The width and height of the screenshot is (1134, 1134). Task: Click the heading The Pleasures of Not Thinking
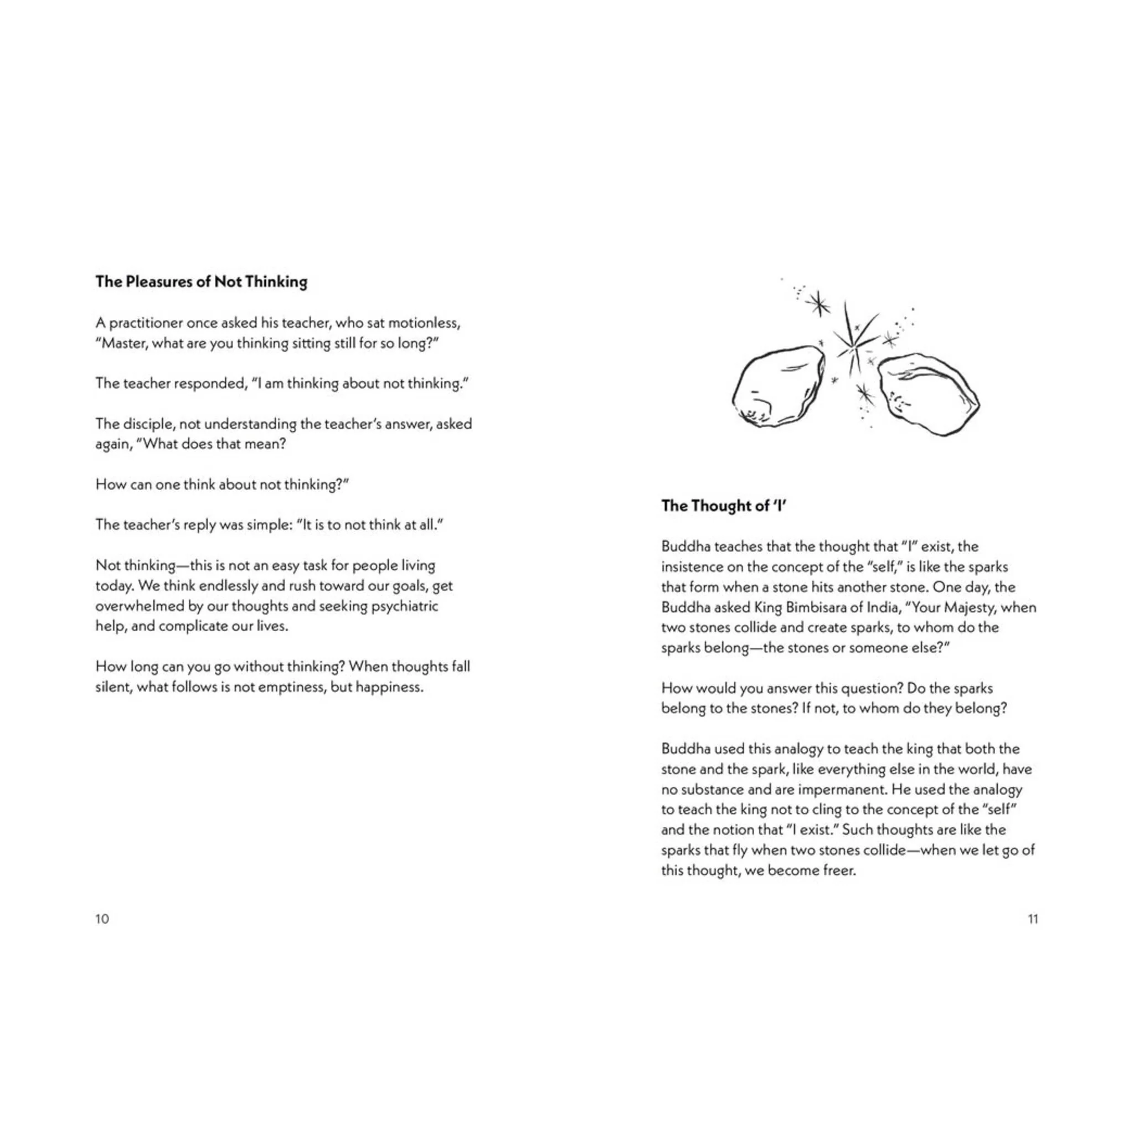coord(202,282)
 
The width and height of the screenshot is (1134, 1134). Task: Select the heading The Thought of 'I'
coord(723,506)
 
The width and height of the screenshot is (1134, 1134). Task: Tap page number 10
coord(102,919)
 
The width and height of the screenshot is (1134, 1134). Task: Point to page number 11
coord(1033,919)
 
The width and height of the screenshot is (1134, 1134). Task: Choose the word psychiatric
coord(404,606)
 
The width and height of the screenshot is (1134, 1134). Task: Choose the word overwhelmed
coord(139,606)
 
